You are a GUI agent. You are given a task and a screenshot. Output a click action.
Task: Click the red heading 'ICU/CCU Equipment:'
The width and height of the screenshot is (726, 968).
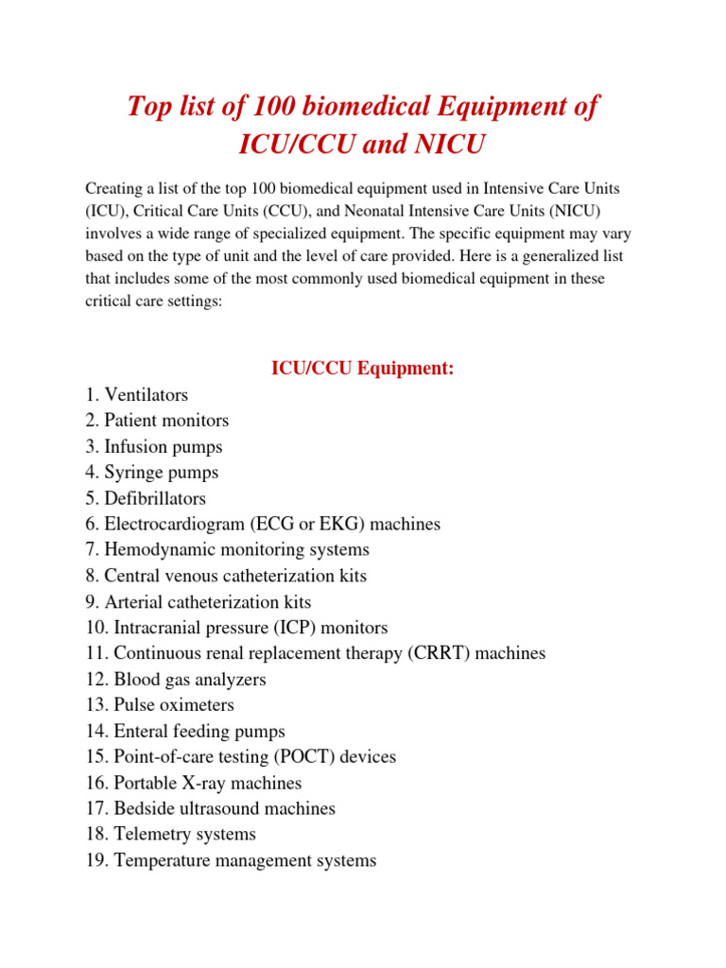tap(363, 368)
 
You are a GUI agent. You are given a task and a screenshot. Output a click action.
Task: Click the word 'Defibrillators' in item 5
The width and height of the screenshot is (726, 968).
tap(155, 498)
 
